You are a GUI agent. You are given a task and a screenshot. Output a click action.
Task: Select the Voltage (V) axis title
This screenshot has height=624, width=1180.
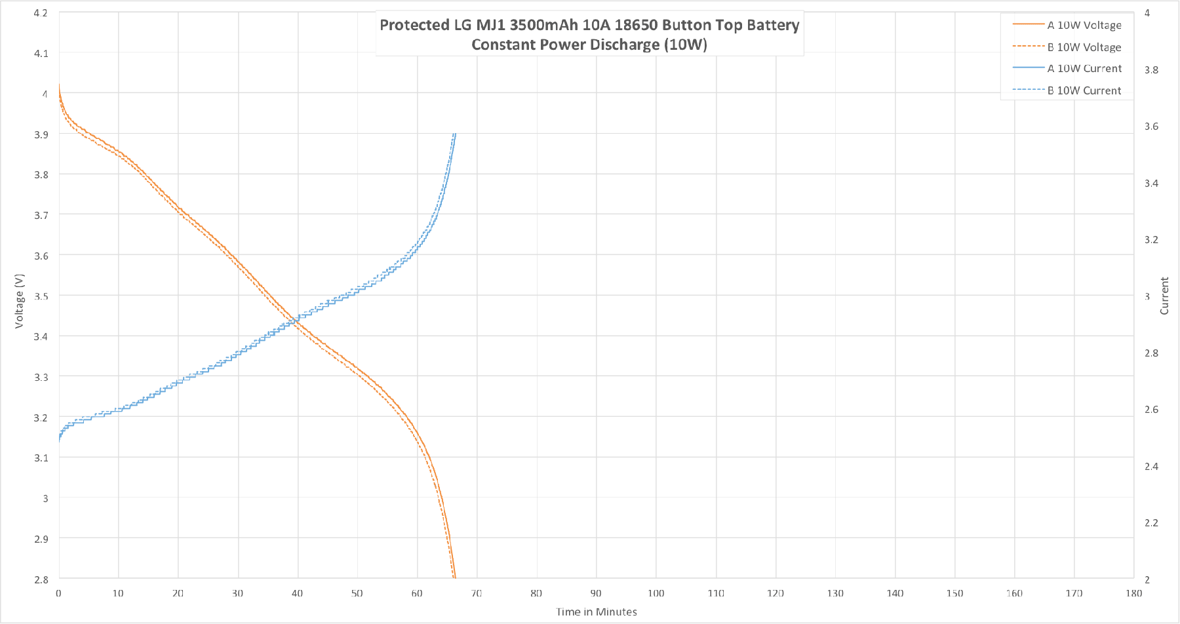point(19,301)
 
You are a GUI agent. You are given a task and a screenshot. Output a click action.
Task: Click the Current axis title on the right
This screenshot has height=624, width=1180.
point(1164,296)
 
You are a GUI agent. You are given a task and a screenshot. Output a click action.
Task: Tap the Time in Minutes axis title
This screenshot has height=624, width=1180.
point(596,612)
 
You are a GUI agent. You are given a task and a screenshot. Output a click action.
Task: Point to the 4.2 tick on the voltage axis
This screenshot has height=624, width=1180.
point(41,13)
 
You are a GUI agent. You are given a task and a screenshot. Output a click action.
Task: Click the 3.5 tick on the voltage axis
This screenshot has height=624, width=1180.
point(41,296)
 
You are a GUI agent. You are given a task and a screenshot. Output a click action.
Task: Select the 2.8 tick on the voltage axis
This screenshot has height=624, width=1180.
point(41,579)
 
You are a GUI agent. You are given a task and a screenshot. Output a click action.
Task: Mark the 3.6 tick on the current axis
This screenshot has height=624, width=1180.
point(1151,127)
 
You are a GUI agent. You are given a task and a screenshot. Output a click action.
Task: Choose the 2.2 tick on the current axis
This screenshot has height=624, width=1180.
point(1151,523)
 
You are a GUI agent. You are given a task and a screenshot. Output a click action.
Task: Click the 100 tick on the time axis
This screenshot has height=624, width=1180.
point(656,593)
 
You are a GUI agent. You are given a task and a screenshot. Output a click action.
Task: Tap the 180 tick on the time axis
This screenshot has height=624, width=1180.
point(1133,593)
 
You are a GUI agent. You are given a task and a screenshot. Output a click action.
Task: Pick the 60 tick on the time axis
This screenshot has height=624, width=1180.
point(417,593)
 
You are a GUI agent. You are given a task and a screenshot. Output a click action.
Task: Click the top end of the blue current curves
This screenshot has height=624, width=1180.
point(454,134)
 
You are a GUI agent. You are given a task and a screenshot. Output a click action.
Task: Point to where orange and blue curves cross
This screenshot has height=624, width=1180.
point(294,321)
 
